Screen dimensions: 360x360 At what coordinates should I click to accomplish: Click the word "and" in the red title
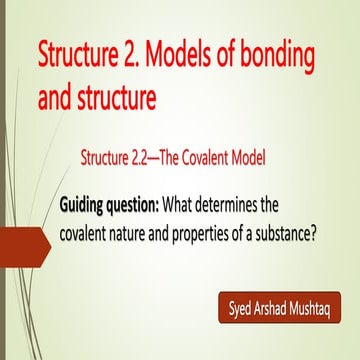pos(54,96)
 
